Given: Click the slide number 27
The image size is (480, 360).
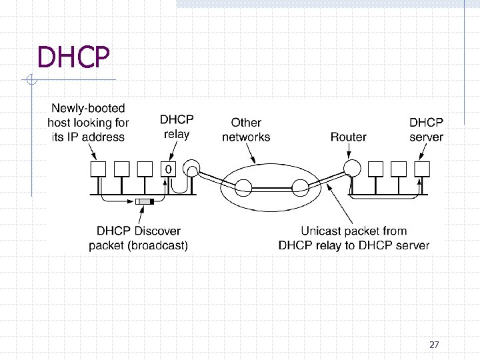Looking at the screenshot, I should tap(434, 345).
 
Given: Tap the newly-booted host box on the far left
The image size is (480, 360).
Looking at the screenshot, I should tap(99, 169).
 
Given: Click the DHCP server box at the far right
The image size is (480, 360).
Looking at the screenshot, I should tap(421, 169).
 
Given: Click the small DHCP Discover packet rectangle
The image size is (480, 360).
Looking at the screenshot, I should tap(143, 201).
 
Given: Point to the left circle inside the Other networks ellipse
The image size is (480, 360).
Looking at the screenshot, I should tap(243, 185).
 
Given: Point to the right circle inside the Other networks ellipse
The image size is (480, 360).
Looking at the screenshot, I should tap(300, 185).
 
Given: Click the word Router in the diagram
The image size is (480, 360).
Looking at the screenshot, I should tap(348, 137).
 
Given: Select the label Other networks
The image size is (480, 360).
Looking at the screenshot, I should tap(246, 130).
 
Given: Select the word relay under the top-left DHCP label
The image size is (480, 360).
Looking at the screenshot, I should tap(176, 134).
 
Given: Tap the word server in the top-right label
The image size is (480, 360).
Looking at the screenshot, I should tap(426, 137).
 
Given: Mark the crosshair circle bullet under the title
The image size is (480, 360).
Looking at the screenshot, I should tap(31, 81).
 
